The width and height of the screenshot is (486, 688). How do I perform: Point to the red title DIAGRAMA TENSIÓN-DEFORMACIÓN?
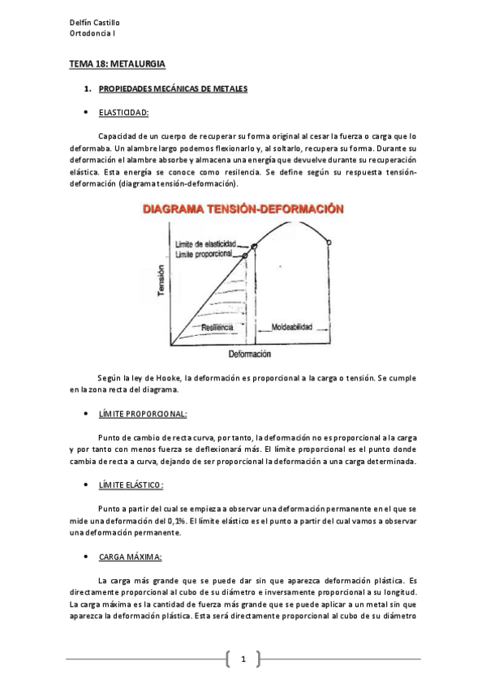coord(243,209)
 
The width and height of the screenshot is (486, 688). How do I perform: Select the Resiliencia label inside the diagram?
coord(217,326)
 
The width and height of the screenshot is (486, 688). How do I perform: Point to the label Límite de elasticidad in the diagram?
coord(205,244)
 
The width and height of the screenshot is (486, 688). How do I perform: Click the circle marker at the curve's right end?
coord(329,242)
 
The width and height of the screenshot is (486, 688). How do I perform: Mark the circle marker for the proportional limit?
coord(245,256)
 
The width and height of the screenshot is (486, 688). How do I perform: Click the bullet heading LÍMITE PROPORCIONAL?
coord(142,414)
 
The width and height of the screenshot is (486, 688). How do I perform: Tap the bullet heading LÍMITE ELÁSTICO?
coord(131,485)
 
